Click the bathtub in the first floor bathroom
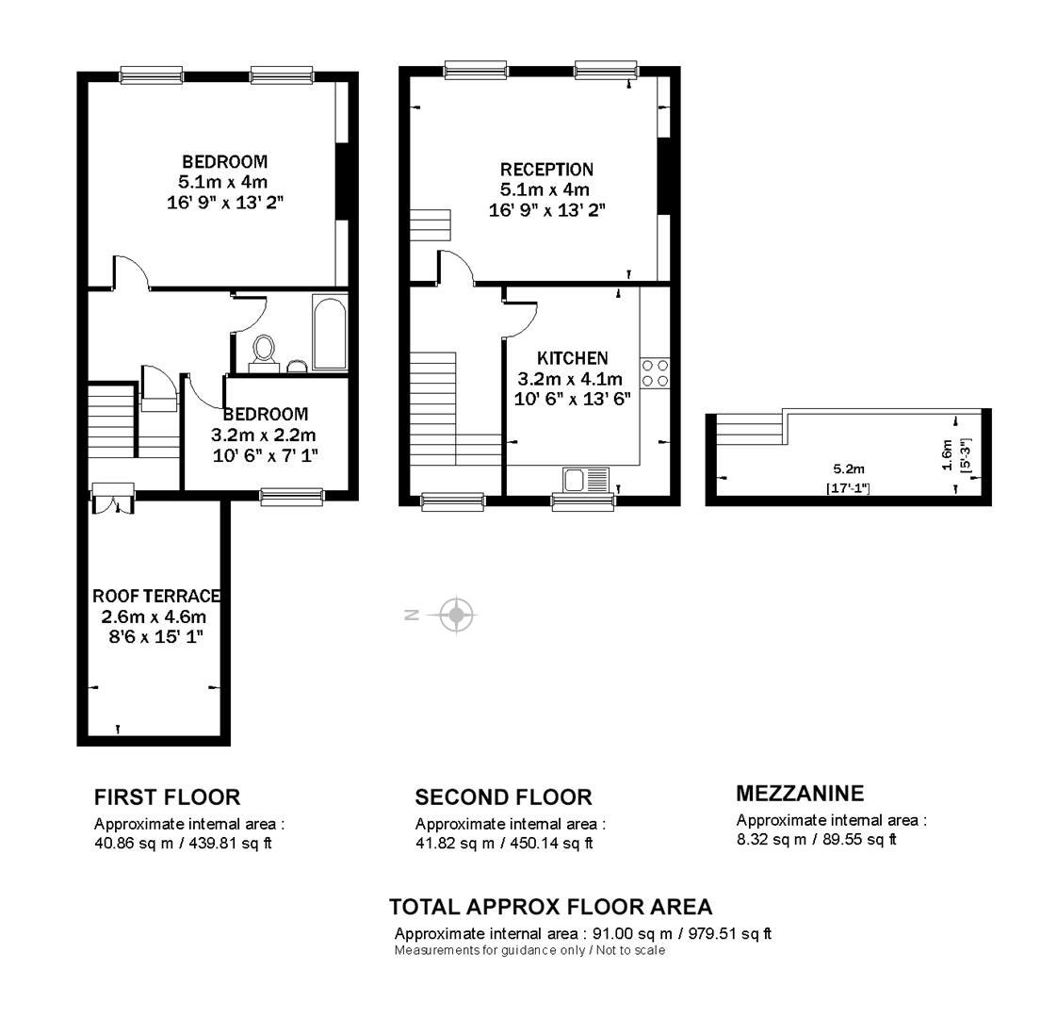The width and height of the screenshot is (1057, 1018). coord(330,332)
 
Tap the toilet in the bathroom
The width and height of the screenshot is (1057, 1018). coord(264,353)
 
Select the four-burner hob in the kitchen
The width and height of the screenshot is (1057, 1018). coord(655,374)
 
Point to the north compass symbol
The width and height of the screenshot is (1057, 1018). coord(456,615)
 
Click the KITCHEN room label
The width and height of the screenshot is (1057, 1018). coord(573,358)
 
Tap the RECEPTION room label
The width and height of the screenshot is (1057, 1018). coord(546,170)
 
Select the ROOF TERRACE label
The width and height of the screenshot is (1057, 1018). coord(156,596)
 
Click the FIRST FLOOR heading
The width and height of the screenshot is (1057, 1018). coord(167,797)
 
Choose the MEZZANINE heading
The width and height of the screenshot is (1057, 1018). coord(800,794)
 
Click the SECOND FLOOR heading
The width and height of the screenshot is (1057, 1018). coord(504,797)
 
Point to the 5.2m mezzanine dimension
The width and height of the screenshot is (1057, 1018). coord(849,468)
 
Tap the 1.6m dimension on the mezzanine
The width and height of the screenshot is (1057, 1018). coord(947,455)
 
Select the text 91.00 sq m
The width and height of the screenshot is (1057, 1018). coord(632,934)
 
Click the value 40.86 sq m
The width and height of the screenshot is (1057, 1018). coord(134,844)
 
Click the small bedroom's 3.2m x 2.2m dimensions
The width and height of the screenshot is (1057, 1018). coord(263,435)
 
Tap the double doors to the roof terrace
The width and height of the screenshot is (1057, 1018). coord(113,499)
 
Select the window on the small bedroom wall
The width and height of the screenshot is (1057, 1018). coord(292,497)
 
